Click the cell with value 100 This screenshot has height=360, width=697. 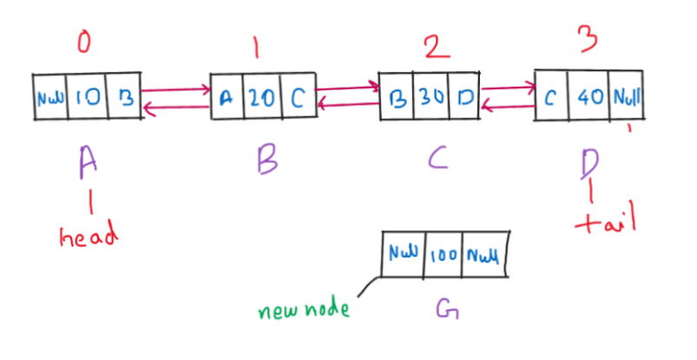tap(442, 255)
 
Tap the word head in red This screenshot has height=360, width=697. tap(87, 237)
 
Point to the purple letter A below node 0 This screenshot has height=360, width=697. tap(86, 160)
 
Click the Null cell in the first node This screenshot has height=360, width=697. tap(48, 96)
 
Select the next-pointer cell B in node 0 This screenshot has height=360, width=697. tap(122, 96)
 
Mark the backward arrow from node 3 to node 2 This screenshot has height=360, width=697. tap(508, 106)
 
